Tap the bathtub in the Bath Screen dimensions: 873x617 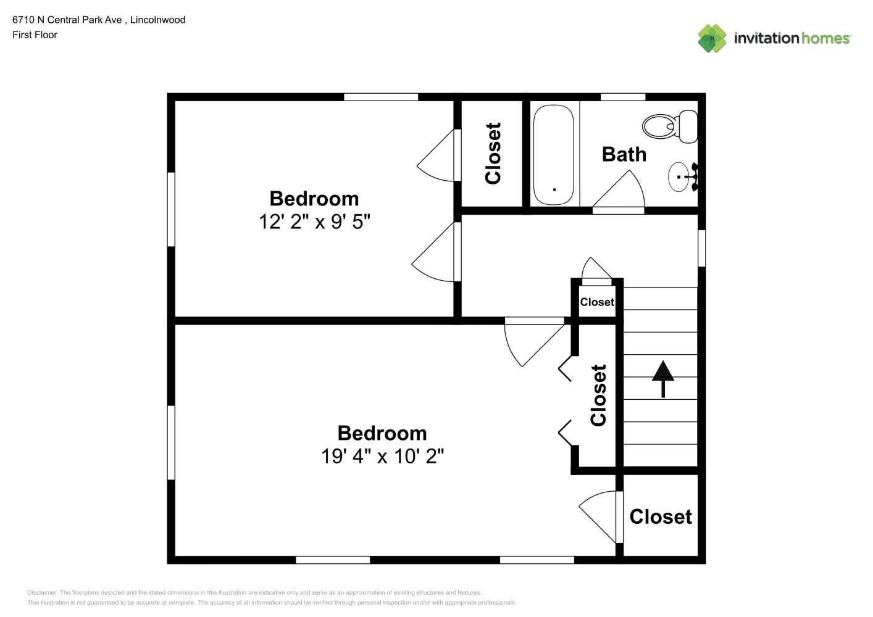[553, 155]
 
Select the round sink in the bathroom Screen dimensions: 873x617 [679, 177]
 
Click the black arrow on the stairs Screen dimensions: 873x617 [663, 379]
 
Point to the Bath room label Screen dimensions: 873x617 [624, 154]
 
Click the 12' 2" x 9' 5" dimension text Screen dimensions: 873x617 [314, 222]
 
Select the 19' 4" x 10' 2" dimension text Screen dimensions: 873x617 [382, 456]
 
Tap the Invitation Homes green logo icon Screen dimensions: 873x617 [712, 38]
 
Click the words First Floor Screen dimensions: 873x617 [35, 35]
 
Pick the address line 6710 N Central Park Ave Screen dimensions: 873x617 [67, 20]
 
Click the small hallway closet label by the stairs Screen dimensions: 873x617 [596, 302]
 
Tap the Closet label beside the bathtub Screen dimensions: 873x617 [493, 153]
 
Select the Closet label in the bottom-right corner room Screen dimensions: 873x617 [661, 517]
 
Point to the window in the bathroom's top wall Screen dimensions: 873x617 [623, 97]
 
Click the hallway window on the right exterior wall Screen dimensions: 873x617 [701, 248]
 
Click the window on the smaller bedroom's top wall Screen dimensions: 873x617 [381, 97]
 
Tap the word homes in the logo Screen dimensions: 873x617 [825, 38]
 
